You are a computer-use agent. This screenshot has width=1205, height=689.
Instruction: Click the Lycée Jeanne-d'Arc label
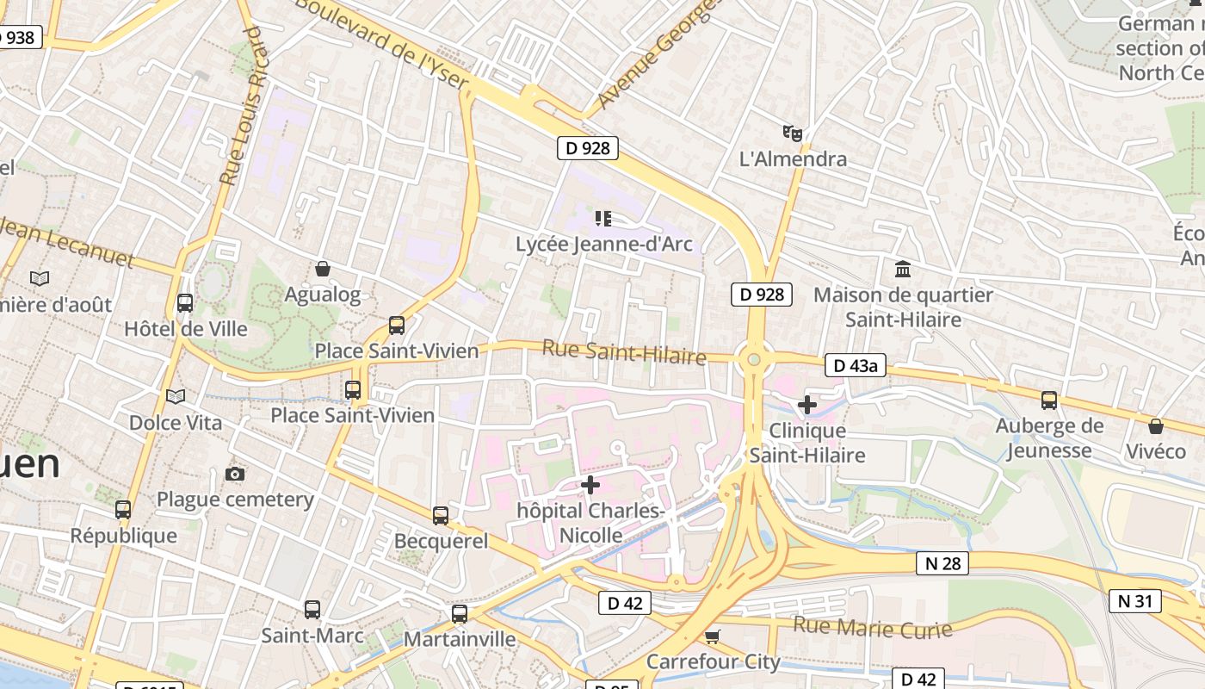point(603,244)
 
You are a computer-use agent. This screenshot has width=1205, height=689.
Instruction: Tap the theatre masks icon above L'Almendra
point(793,133)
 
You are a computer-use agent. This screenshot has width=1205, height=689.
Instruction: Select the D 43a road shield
point(856,365)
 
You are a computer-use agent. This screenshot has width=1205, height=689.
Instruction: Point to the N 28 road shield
point(942,563)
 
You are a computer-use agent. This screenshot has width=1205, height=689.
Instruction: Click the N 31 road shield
point(1135,600)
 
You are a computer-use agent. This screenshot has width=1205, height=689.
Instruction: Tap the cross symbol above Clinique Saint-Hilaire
point(807,404)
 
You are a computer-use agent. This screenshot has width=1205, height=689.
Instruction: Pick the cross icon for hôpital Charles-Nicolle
point(590,486)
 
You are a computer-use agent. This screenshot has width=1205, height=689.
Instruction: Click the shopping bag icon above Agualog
point(323,270)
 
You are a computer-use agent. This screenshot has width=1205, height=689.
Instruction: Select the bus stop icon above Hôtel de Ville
point(185,303)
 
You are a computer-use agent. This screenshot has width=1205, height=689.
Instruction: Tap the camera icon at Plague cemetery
point(234,474)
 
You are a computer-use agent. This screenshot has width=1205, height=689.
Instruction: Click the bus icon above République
point(123,510)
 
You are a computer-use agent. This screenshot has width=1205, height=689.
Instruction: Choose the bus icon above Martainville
point(460,614)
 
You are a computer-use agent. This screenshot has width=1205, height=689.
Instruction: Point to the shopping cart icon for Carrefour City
point(712,636)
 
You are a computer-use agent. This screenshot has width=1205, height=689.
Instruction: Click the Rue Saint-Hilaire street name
point(624,352)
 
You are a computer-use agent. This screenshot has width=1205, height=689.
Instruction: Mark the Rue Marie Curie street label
point(872,627)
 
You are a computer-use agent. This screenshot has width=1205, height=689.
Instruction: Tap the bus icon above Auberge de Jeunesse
point(1049,400)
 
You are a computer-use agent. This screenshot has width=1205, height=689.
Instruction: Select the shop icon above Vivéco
point(1156,426)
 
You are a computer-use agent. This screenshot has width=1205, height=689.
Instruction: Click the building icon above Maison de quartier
point(903,270)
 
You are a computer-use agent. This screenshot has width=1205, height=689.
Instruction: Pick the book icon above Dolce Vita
point(176,396)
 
